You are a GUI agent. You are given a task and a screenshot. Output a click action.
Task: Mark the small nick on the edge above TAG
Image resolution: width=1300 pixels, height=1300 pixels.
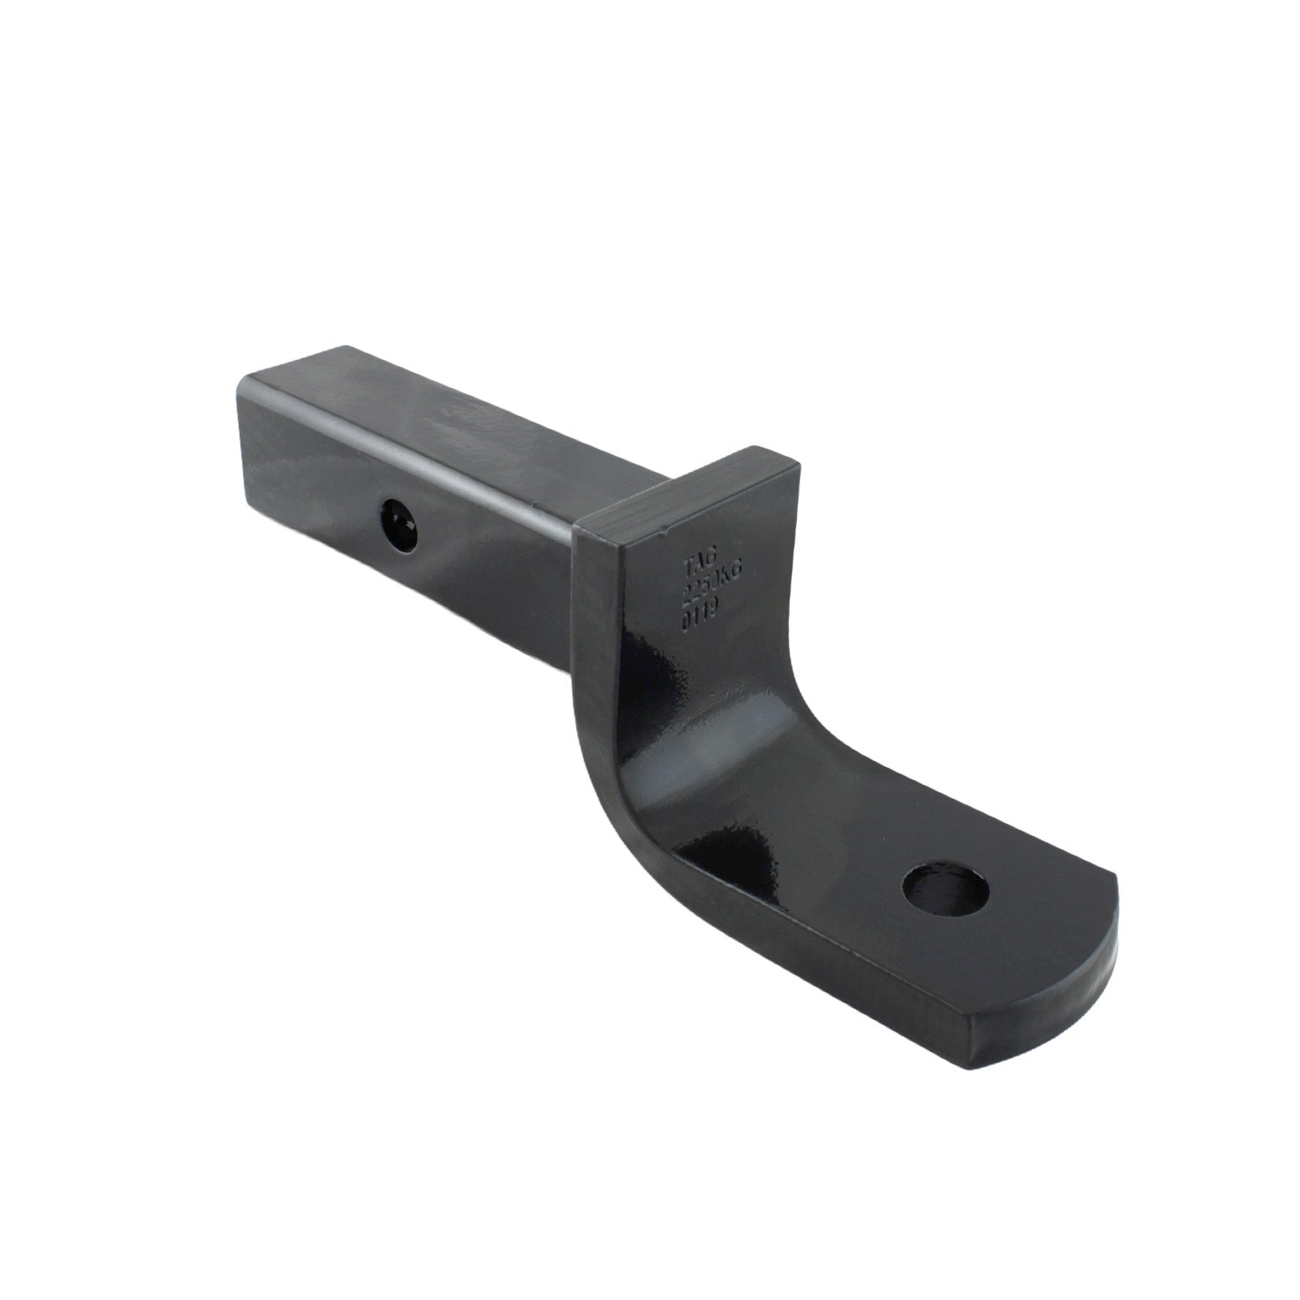point(665,529)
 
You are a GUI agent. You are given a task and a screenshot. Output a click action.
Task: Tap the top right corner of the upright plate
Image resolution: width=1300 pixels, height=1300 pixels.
point(799,471)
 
